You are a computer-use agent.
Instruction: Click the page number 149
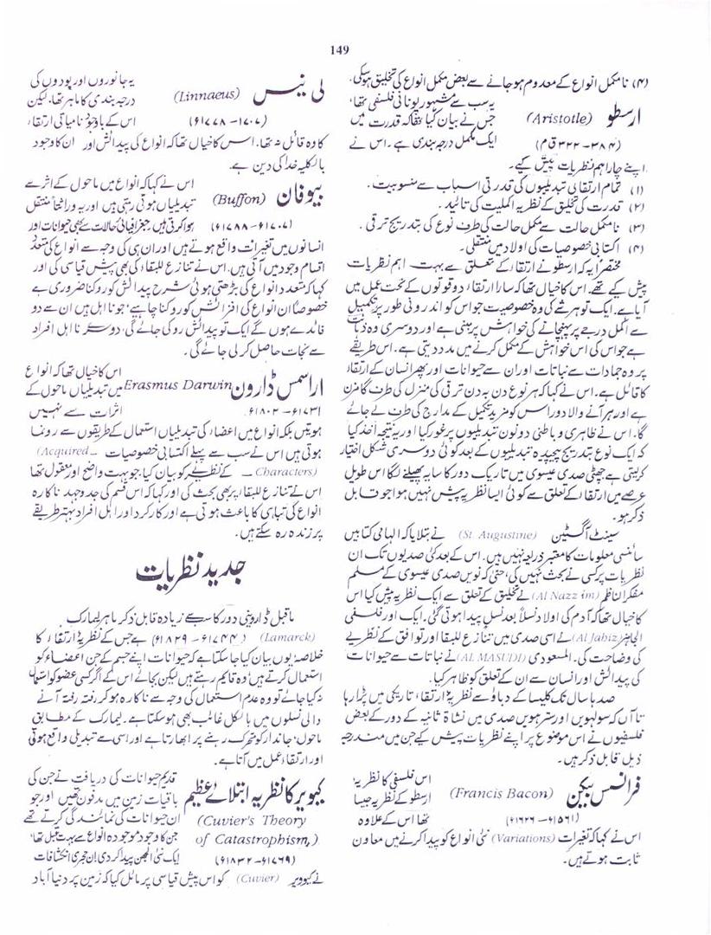click(x=338, y=48)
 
